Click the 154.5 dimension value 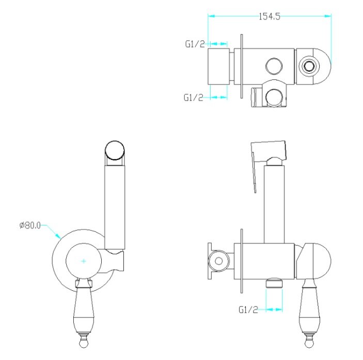(x=269, y=17)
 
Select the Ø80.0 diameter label (x=30, y=225)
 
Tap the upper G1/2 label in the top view (x=195, y=44)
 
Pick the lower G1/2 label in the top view (x=194, y=97)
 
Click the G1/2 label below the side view (x=248, y=309)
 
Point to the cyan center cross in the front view (x=84, y=261)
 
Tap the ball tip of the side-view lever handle (x=309, y=343)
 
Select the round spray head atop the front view (x=115, y=150)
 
